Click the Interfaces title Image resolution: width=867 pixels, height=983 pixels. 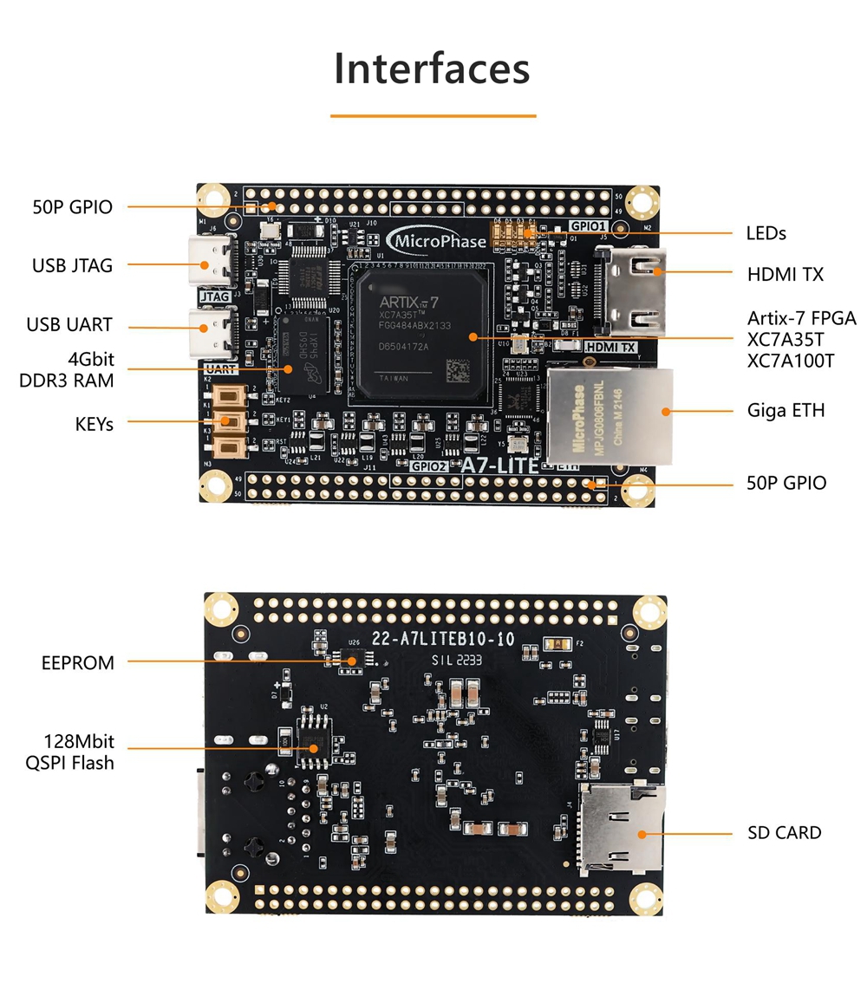coord(432,69)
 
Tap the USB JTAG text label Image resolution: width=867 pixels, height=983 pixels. coord(73,265)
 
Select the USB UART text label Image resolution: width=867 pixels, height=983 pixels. coord(69,325)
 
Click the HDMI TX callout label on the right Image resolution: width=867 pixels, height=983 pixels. coord(786,274)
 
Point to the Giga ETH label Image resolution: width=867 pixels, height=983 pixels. coord(786,409)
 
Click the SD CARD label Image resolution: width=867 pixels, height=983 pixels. coord(784,833)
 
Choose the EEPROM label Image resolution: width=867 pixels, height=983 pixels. coord(78,663)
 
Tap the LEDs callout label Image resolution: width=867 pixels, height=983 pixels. coord(766,233)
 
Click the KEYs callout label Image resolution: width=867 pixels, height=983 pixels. coord(94,424)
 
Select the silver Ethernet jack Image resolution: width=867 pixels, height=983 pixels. coord(609,416)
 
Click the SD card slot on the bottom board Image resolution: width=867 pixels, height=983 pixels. coord(621,828)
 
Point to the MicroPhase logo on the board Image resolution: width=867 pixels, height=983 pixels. coord(438,241)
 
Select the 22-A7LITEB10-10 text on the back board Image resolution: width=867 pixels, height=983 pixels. coord(443,640)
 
